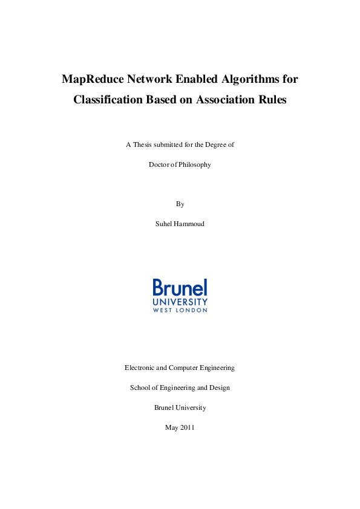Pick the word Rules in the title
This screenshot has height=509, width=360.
coord(272,100)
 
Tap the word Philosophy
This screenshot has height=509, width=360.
coord(194,164)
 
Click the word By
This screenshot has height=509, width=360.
coord(180,204)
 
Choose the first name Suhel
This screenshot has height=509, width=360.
coord(163,224)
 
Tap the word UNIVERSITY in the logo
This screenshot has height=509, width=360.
coord(180,301)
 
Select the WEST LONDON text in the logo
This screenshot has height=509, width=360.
coord(180,310)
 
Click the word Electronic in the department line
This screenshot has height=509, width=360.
coord(139,368)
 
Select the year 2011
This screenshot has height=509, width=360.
coord(187,427)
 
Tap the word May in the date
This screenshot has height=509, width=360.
coord(171,427)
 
